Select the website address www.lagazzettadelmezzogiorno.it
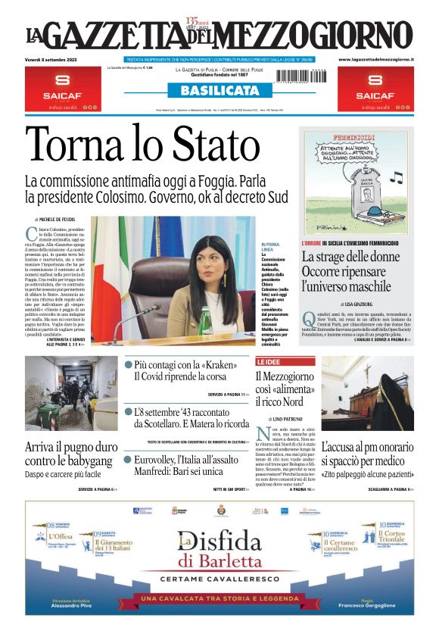[x=375, y=58]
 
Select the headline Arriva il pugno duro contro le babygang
[x=71, y=452]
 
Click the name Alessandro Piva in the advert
[x=77, y=606]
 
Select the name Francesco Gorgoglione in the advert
[x=367, y=606]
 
